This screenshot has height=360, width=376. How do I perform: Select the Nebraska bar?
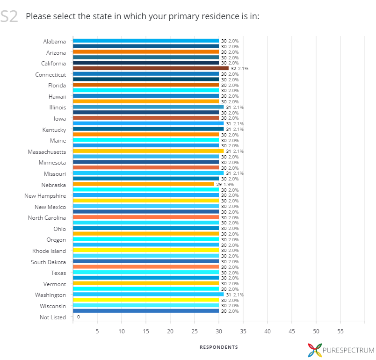pos(143,184)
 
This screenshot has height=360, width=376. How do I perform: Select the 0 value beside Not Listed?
pos(78,317)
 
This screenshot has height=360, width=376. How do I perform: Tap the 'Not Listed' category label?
pos(53,317)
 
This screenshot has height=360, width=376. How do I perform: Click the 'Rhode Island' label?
pos(49,251)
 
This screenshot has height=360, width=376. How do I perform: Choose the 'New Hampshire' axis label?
pos(45,195)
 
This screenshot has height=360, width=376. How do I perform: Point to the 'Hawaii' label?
pos(58,96)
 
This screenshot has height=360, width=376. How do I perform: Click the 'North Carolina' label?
pos(47,218)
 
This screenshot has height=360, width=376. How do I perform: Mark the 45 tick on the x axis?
pos(292,331)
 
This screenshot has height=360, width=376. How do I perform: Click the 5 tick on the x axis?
pos(97,331)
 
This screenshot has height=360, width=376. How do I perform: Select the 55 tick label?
pos(340,331)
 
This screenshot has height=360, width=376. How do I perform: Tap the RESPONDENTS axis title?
pos(219,347)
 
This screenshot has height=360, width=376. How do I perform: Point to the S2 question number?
pos(9,17)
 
